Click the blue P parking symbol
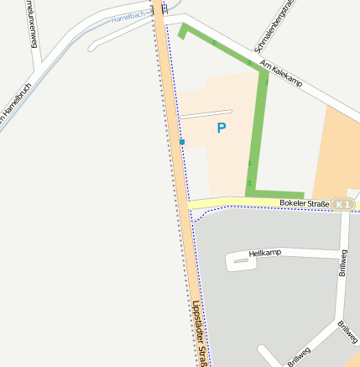(x=222, y=128)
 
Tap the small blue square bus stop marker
(x=182, y=142)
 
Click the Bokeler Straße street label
(x=302, y=203)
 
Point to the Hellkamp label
(x=264, y=252)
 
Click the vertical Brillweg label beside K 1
(x=342, y=262)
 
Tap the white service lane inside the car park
(x=205, y=113)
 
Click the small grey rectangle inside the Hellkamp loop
(x=242, y=261)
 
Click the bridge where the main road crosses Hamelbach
(x=158, y=10)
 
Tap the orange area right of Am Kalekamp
(x=338, y=151)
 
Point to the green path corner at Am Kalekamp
(x=263, y=71)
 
